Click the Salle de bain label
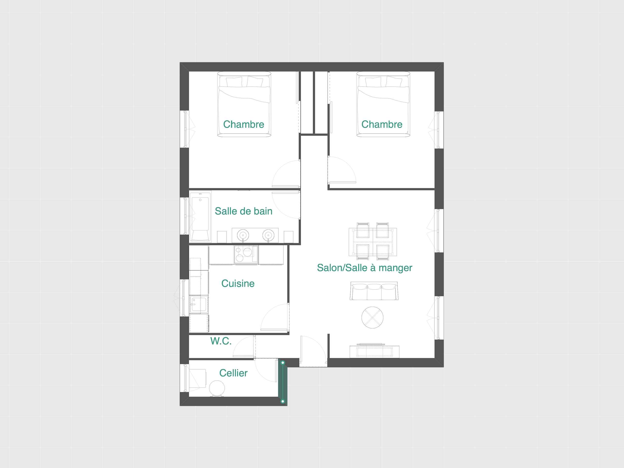[244, 211]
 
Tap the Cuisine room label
[238, 283]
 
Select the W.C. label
[221, 341]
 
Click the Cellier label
[233, 373]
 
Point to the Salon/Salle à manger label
[364, 268]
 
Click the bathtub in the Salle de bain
[200, 217]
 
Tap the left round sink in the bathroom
[243, 235]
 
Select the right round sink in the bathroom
[268, 235]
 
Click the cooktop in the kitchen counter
[246, 255]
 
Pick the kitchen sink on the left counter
[199, 304]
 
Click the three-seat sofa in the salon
[374, 291]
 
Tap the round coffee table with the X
[372, 318]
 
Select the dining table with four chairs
[373, 242]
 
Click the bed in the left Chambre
[244, 104]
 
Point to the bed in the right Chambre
[383, 104]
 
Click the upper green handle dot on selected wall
[283, 363]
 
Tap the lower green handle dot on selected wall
[283, 401]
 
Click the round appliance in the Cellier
[217, 389]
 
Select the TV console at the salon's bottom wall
[375, 351]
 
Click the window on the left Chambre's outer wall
[185, 129]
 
